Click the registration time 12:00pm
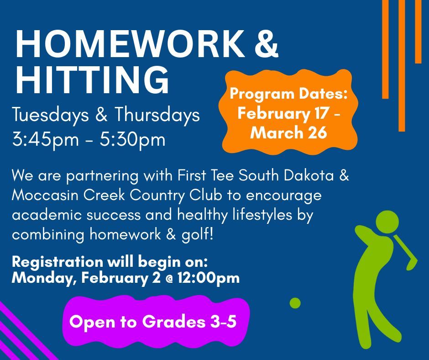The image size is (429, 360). point(209,278)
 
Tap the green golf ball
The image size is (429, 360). point(295,303)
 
